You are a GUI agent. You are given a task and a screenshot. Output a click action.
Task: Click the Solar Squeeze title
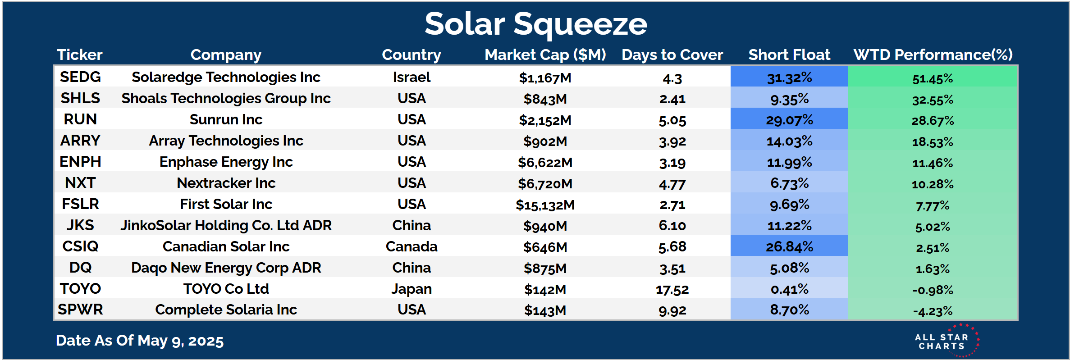coord(535,24)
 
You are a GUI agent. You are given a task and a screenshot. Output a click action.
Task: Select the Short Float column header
coord(789,55)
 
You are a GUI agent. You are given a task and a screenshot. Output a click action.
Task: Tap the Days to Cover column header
coord(672,55)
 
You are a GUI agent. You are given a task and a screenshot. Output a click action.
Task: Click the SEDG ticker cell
coord(80,77)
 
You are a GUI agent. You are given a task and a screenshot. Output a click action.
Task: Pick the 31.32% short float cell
coord(789,77)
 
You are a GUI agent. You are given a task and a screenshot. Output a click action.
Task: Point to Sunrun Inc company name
coord(226,119)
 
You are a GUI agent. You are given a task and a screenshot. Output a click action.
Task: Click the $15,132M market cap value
coord(545,205)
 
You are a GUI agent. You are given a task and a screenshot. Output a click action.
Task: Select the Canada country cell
coord(412,246)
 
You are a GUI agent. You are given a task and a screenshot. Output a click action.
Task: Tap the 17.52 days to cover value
coord(672,290)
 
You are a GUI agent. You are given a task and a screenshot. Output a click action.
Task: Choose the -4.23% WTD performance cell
coord(933,311)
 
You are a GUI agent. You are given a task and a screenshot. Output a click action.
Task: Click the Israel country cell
coord(412,77)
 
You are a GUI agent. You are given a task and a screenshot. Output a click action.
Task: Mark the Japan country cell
coord(412,289)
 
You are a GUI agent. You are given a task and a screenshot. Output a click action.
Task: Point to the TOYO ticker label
coord(80,289)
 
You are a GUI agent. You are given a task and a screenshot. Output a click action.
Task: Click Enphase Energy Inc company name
coord(226,162)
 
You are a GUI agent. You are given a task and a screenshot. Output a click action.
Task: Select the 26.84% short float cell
coord(789,246)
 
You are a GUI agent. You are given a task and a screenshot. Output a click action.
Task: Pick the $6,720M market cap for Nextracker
coord(545,184)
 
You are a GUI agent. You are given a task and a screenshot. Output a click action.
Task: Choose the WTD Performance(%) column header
coord(933,55)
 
